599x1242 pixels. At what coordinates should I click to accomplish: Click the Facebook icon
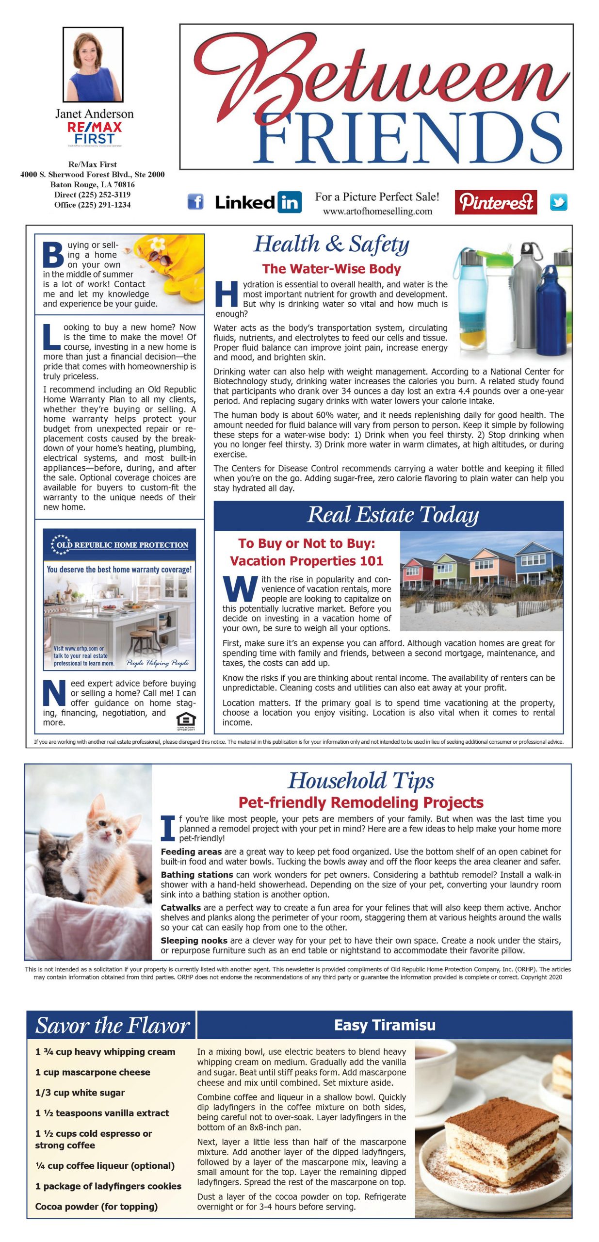tap(195, 202)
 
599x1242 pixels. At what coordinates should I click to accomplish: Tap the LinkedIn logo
tap(258, 202)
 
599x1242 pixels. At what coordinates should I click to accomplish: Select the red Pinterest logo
tap(496, 202)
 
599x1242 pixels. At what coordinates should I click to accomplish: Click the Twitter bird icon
tap(558, 202)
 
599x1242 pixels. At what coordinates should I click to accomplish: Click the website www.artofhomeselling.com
tap(377, 211)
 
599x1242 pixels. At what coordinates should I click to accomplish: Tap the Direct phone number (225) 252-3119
tap(92, 195)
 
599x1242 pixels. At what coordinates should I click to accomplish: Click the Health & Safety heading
tap(332, 244)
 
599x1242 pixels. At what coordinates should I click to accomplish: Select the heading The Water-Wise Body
tap(332, 269)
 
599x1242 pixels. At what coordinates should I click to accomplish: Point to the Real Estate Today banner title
tap(393, 515)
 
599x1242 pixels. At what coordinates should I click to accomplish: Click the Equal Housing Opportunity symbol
tap(186, 720)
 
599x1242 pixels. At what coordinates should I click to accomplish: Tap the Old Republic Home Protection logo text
tap(122, 545)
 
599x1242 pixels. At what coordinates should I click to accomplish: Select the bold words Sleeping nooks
tap(194, 940)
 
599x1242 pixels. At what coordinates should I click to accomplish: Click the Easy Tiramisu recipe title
tap(385, 1025)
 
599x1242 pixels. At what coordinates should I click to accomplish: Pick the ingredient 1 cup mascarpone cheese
tap(93, 1072)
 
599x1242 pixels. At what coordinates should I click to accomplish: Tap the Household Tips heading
tap(361, 781)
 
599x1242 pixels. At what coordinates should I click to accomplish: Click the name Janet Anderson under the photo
tap(95, 114)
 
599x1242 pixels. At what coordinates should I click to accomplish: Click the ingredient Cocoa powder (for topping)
tap(96, 1206)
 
